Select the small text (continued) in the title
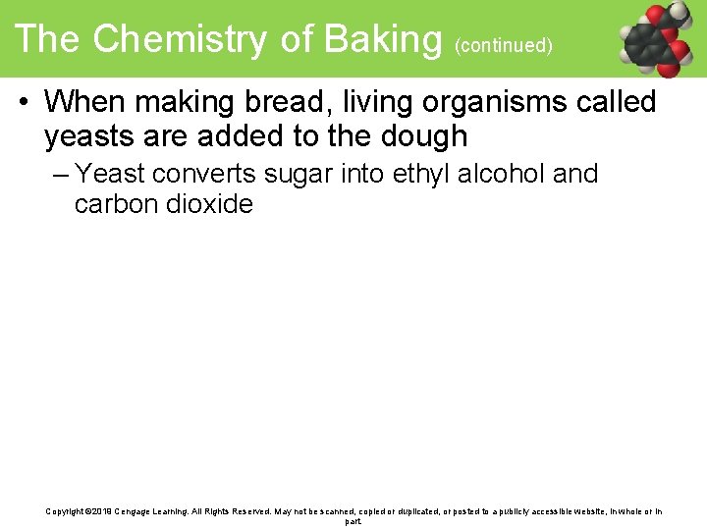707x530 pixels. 504,45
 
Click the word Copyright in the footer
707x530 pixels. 64,511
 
